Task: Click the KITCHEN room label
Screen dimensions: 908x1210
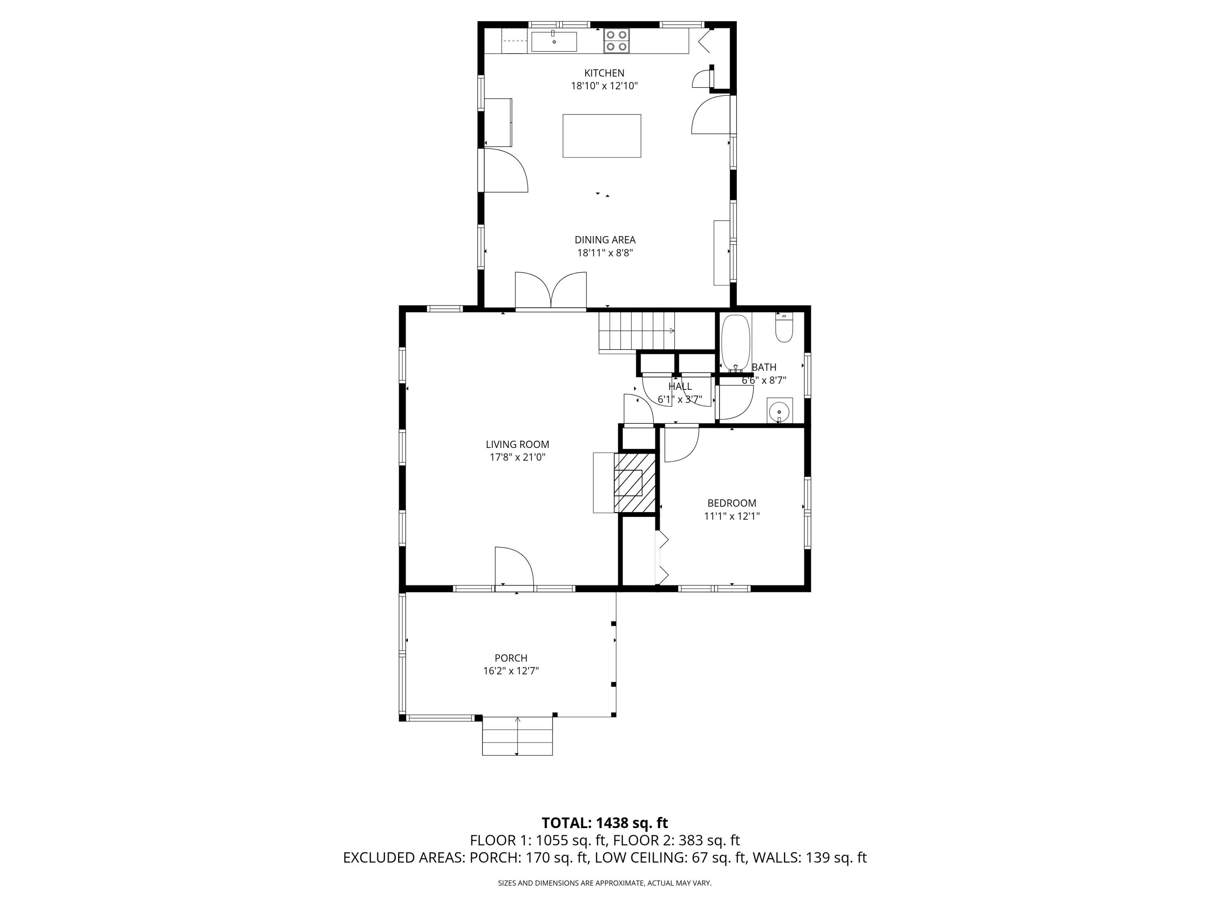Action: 604,73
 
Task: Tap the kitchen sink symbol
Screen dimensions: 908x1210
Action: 554,42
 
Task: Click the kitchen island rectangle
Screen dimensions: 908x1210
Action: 602,136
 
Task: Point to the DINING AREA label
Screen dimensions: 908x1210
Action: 605,240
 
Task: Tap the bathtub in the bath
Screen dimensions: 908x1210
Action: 736,343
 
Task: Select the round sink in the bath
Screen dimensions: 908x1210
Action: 779,410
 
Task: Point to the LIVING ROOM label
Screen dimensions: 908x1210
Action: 517,444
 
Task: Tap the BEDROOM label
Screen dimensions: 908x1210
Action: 731,503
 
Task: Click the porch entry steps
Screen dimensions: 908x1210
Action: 517,736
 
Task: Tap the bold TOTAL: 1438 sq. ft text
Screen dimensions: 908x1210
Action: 605,822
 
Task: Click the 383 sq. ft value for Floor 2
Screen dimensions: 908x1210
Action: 709,840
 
